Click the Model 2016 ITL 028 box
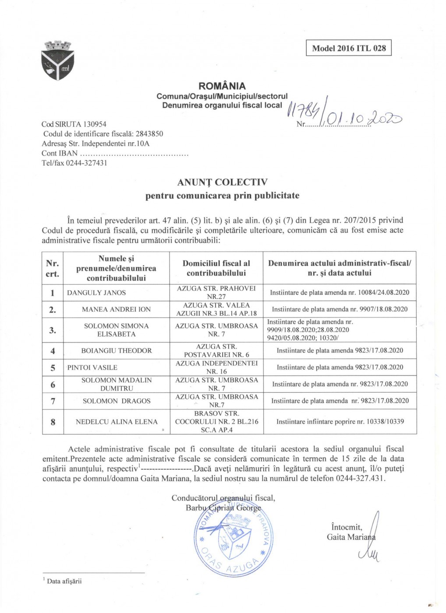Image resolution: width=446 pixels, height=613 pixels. coord(349,48)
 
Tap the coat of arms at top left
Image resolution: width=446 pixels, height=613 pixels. coord(57,61)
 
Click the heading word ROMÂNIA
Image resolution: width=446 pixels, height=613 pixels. coord(222,86)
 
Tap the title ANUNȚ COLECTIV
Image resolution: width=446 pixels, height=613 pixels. coord(222,182)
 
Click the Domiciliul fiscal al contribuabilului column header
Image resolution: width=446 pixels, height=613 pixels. coord(216,268)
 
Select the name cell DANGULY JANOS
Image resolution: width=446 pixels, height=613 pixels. coord(96,292)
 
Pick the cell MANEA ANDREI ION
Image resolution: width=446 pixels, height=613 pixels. coord(116,309)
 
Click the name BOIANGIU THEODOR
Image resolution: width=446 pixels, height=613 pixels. coord(117,351)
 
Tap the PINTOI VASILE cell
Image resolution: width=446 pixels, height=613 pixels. coord(92,367)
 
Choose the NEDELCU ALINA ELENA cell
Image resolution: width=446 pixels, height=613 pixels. coord(117,422)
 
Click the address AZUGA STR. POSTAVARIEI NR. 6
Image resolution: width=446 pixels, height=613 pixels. coord(216,351)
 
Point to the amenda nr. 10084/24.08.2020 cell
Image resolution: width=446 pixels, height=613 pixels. coord(340,292)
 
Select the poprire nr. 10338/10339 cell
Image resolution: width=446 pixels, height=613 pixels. coord(340,422)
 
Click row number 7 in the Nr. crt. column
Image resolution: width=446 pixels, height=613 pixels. coord(53,401)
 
